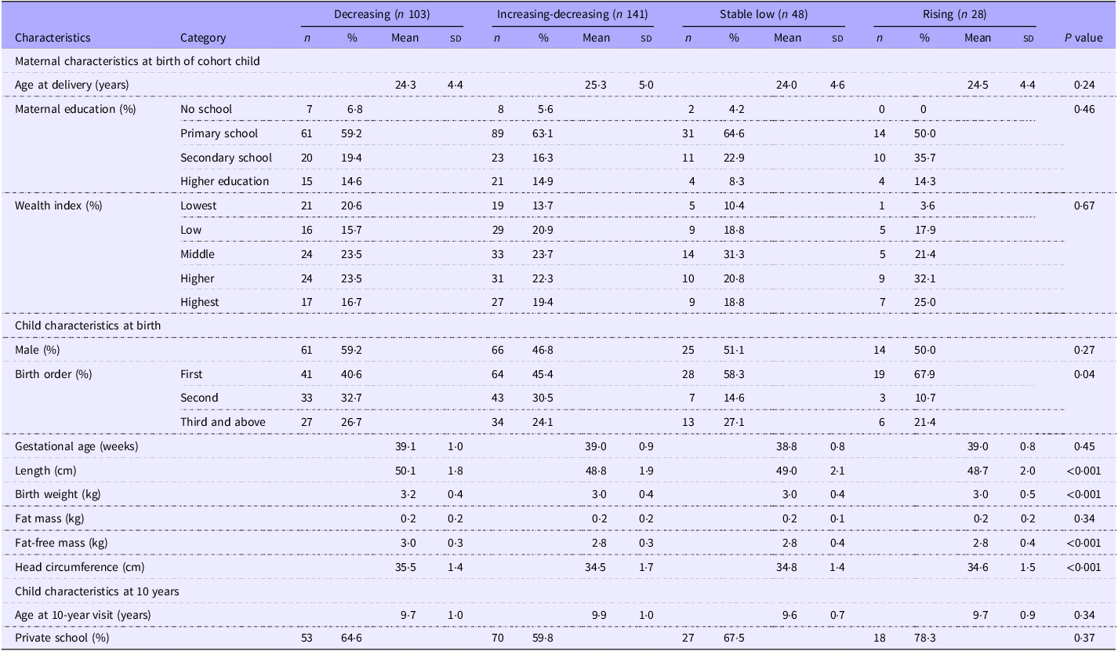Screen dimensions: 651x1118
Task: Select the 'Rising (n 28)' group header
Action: coord(955,14)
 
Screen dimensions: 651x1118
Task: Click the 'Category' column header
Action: coord(203,38)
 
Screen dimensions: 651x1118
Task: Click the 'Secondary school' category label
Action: coord(226,158)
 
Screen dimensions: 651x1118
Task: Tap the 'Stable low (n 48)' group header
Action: coord(764,14)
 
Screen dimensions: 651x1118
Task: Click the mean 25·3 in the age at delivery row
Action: coord(596,85)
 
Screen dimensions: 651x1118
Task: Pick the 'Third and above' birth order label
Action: coord(223,422)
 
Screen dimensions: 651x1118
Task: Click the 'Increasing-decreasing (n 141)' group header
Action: coord(572,14)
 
